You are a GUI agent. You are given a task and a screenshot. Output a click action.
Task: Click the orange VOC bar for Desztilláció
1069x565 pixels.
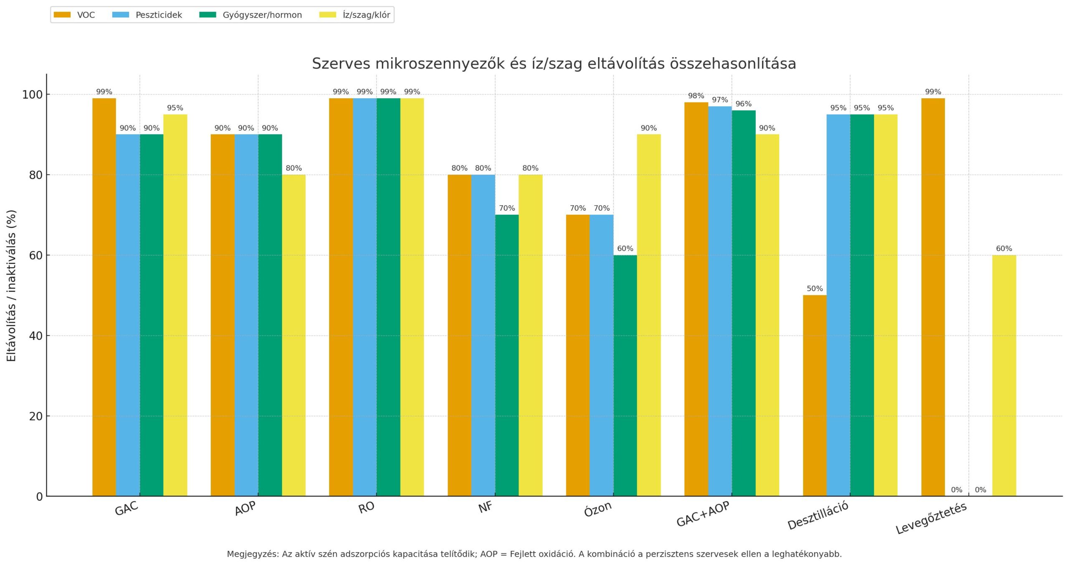click(814, 395)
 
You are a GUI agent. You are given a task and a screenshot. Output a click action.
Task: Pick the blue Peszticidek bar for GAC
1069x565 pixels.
click(128, 315)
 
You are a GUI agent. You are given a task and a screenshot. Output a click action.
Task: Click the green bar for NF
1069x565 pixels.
click(507, 355)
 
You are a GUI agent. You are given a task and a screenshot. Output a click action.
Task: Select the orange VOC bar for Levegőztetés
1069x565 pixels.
click(933, 297)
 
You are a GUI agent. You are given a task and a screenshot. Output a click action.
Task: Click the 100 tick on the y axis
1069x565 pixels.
click(32, 94)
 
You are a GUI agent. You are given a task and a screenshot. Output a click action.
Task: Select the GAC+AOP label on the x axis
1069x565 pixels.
click(703, 514)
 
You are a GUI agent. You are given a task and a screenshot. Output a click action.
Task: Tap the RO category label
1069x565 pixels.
click(366, 508)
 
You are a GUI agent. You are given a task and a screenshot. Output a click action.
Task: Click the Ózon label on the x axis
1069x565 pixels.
click(598, 509)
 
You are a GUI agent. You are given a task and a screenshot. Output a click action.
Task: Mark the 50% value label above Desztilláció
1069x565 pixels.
click(814, 289)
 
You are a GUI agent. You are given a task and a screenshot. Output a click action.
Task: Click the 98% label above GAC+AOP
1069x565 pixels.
click(696, 96)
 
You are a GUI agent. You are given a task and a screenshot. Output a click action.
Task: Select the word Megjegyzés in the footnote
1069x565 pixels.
click(252, 554)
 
